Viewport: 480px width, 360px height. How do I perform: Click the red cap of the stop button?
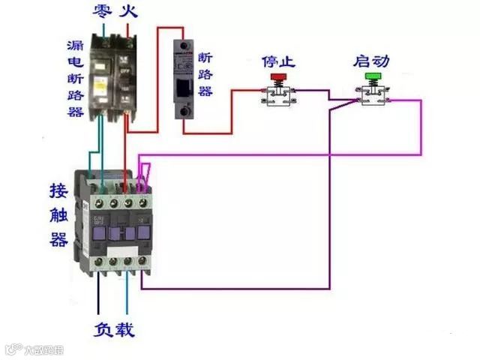coord(278,76)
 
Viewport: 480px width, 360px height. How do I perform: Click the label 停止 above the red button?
coord(277,60)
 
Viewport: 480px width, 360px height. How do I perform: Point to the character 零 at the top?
coord(103,11)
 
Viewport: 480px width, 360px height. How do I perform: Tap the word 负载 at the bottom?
coord(115,329)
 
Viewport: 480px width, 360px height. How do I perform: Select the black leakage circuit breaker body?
coord(112,75)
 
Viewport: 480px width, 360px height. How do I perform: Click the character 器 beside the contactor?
coord(58,240)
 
